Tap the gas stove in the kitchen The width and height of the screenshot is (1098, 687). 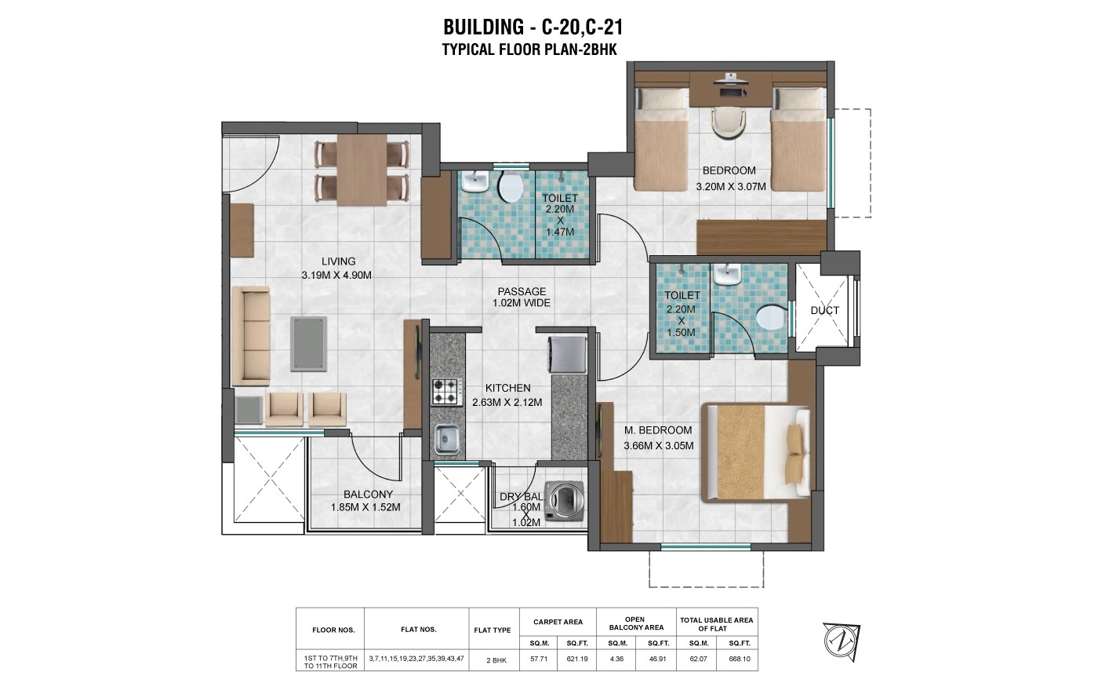tap(446, 392)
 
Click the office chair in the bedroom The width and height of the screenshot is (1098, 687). tap(728, 122)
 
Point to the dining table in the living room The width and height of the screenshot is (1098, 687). tap(362, 170)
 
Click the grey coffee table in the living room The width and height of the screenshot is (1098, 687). tap(308, 344)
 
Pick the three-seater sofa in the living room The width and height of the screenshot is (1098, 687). tap(250, 336)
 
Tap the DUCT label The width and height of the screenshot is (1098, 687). tap(824, 311)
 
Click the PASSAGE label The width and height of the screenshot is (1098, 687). tap(522, 291)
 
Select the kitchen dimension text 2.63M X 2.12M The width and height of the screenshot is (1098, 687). tap(507, 402)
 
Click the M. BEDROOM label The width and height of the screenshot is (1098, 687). tap(658, 430)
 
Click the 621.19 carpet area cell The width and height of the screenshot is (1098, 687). tap(577, 659)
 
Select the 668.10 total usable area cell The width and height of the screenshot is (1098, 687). tap(740, 659)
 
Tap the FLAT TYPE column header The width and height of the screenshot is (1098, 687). tap(493, 630)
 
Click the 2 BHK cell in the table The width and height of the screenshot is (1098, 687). tap(496, 660)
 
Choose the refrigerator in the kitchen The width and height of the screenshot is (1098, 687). tap(566, 354)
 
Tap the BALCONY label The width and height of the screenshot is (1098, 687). tap(368, 495)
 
